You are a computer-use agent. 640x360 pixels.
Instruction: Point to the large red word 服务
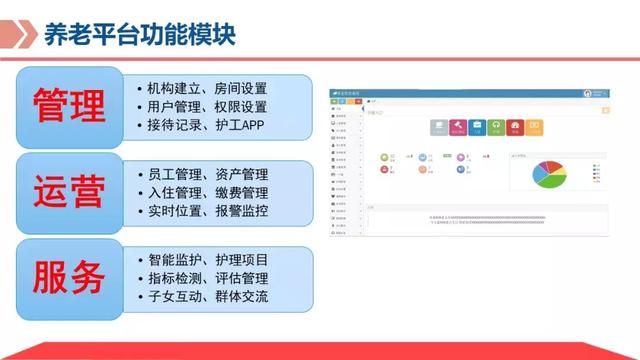click(68, 277)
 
